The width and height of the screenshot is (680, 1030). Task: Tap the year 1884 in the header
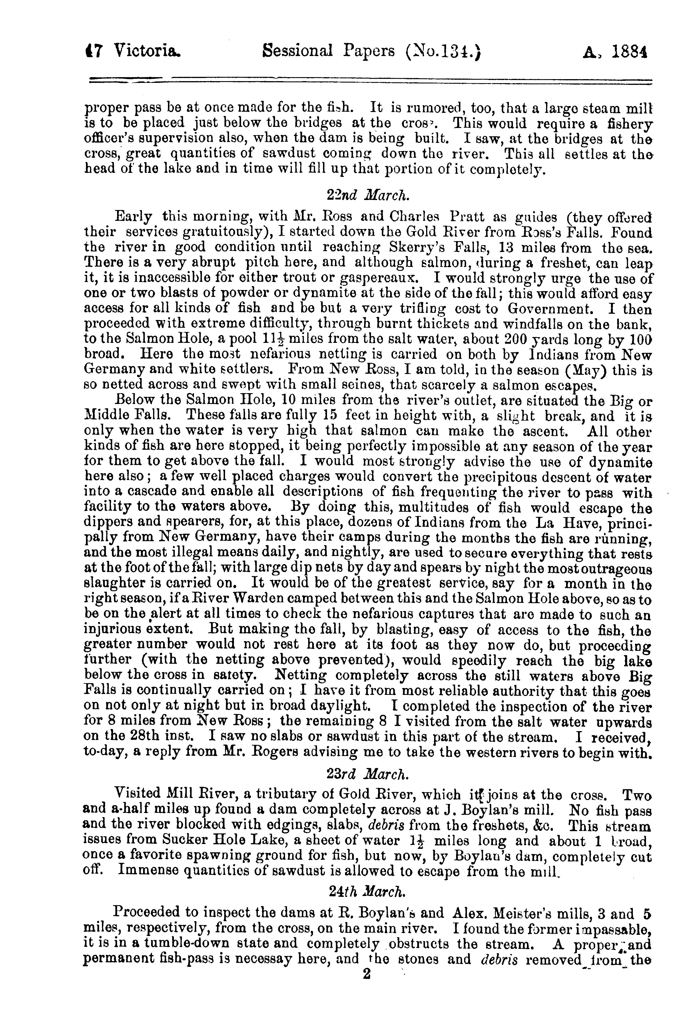point(628,53)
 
